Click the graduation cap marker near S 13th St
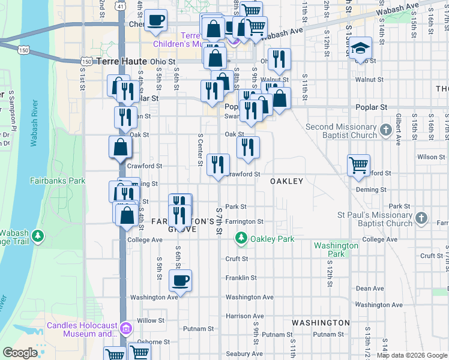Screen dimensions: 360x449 360,49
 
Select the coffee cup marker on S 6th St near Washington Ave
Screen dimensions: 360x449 180,280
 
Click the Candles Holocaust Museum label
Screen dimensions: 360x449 82,330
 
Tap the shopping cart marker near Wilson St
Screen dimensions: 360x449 358,165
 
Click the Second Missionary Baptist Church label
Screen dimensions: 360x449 341,131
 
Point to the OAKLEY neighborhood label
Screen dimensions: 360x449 286,181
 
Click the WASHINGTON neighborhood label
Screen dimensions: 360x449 321,323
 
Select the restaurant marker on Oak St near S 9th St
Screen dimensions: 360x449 248,147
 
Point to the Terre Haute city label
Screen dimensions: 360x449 120,61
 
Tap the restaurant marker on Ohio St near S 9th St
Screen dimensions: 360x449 279,59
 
